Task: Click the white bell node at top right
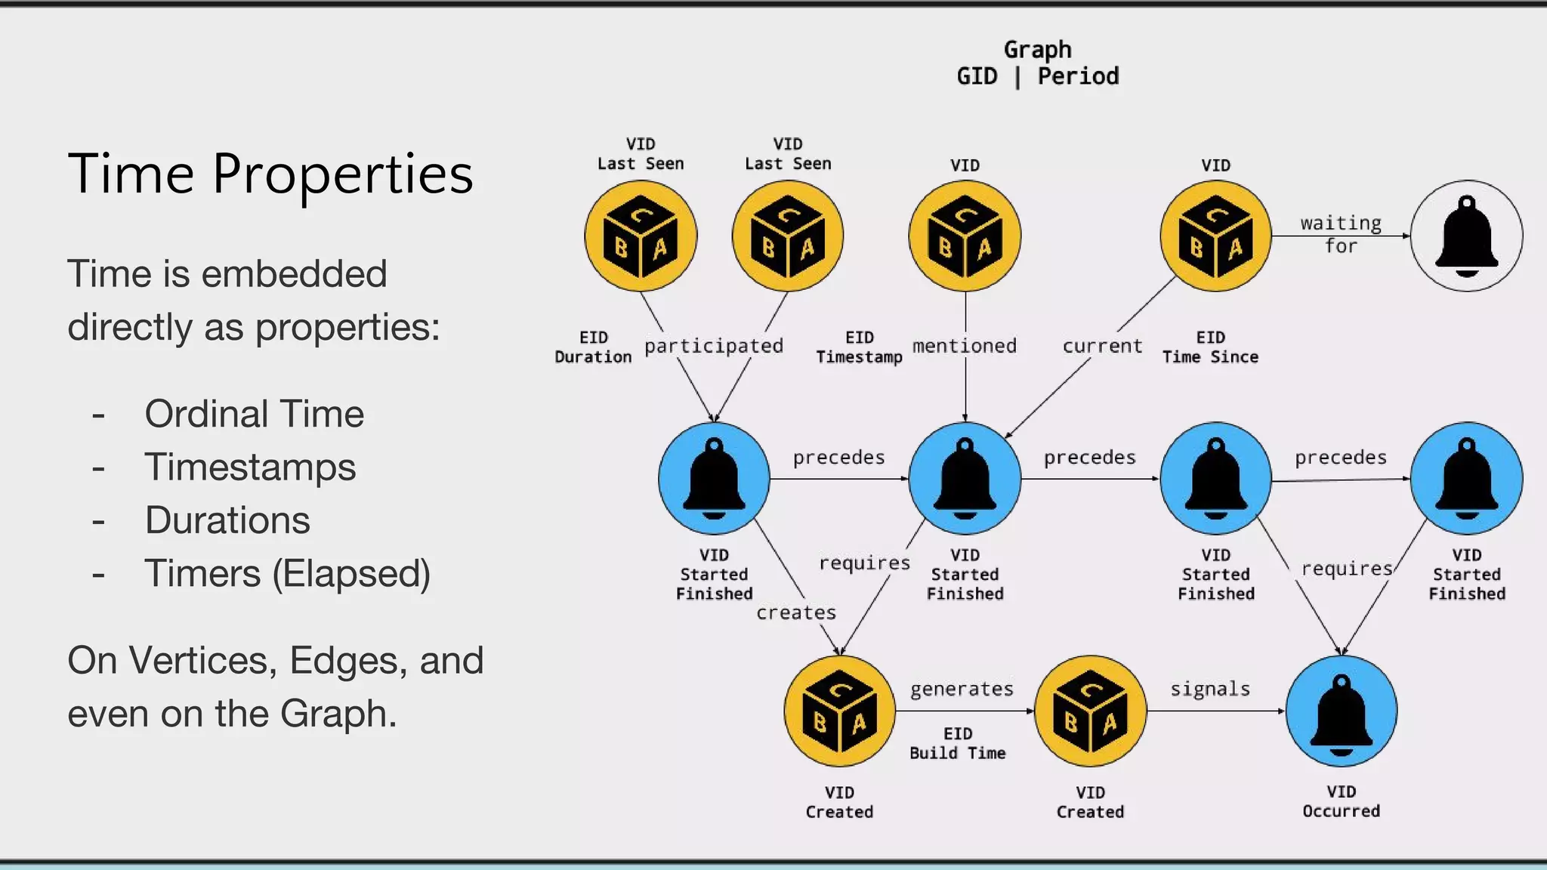1466,236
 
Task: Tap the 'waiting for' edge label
1341,234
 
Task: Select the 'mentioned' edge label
965,346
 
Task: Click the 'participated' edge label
713,346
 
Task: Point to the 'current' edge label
1102,346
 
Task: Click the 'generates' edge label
962,689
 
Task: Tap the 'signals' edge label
1210,689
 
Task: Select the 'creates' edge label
796,612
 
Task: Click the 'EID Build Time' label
958,743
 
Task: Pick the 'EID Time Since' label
1210,347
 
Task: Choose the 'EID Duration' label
593,347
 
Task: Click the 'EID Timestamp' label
859,347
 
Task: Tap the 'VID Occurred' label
1341,801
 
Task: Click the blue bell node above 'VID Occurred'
1341,711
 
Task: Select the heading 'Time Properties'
270,174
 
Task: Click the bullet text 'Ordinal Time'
255,414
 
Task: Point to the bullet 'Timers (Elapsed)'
287,573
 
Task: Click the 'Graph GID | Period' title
1037,63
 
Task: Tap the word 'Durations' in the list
227,520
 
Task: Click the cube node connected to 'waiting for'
1215,236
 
